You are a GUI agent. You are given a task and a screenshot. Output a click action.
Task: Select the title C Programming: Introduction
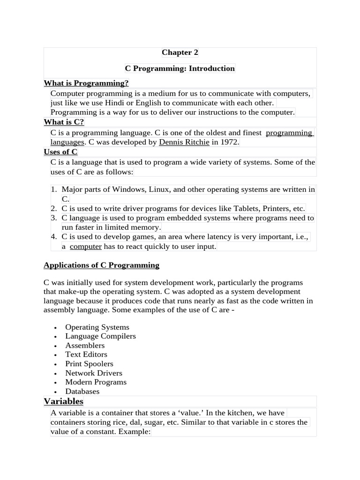point(180,68)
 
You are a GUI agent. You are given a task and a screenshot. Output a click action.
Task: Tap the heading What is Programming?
point(86,83)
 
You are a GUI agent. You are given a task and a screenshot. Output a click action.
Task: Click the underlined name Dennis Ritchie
point(184,142)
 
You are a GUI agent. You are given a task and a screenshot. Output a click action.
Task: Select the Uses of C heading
point(60,152)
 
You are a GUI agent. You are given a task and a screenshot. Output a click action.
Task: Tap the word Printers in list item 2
point(276,209)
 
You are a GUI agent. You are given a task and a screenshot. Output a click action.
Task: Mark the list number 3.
point(53,218)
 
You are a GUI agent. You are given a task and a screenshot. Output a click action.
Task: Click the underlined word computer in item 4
point(85,247)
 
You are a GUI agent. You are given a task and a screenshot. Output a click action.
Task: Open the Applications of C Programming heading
point(101,265)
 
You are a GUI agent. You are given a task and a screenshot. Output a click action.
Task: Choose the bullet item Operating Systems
point(97,327)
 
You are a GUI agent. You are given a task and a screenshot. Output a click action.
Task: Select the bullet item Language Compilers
point(100,336)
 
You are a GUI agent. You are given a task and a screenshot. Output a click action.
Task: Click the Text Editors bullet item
point(86,354)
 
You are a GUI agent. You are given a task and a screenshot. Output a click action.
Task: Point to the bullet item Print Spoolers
point(89,364)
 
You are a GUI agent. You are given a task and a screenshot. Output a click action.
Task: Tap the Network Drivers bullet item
point(94,373)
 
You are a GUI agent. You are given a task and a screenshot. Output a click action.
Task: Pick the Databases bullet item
point(82,391)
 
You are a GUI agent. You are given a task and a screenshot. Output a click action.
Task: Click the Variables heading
point(63,402)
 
